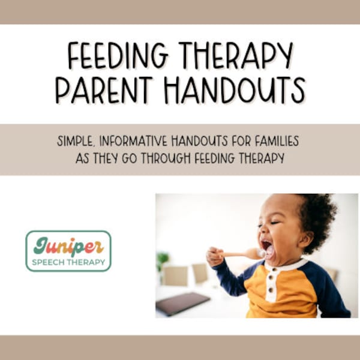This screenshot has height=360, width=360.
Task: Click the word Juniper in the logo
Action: tap(68, 247)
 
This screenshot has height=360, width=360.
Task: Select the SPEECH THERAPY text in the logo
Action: tap(68, 262)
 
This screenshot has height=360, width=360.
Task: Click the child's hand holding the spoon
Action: tap(214, 257)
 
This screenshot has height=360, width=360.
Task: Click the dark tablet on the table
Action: tap(183, 303)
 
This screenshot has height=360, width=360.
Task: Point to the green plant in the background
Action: tap(163, 260)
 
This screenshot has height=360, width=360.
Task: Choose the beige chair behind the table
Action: tap(175, 275)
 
